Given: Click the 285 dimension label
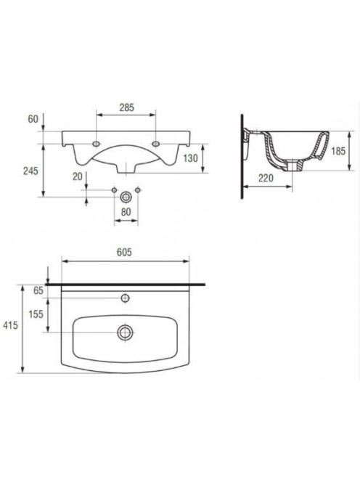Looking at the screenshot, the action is [127, 107].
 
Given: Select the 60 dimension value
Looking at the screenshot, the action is [33, 119].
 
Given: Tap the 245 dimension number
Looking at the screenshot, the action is [30, 171].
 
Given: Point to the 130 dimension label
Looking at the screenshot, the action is [191, 158].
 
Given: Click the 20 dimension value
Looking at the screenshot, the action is [78, 176].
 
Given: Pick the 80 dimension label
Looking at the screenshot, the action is [126, 212].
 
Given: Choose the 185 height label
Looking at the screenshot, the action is [338, 151].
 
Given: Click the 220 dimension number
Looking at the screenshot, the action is [266, 178].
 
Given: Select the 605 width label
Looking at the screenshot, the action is [124, 252].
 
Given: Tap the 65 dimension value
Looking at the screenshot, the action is [38, 290].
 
